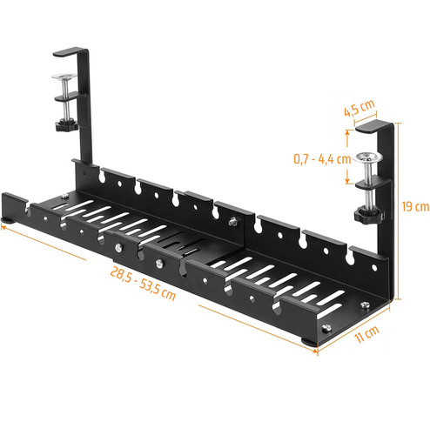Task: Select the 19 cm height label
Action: [416, 207]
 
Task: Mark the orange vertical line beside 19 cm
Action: [406, 207]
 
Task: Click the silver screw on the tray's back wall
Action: [232, 223]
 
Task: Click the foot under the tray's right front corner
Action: [309, 340]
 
